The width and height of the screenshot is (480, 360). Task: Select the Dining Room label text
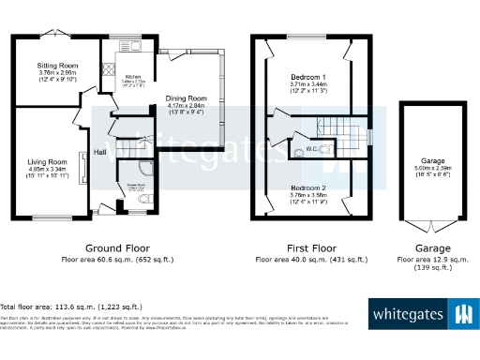(x=187, y=98)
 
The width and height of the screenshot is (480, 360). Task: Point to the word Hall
(x=99, y=151)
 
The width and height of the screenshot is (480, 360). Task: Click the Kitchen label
(x=133, y=77)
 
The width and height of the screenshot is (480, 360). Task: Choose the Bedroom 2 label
(x=307, y=188)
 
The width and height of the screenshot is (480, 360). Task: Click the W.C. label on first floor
(x=311, y=149)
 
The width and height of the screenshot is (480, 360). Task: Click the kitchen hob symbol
(x=108, y=69)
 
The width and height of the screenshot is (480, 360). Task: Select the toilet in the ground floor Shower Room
(x=142, y=199)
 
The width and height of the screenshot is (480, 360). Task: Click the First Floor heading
(x=308, y=248)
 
